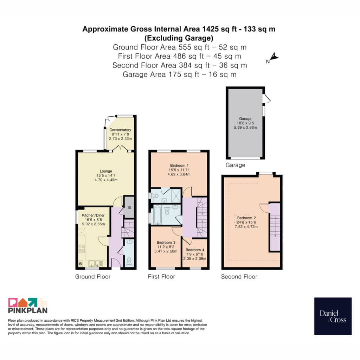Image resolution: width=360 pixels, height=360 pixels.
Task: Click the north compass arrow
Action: point(274,57)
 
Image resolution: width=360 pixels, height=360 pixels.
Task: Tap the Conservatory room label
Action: point(120,130)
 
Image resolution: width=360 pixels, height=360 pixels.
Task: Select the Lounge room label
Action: point(106,171)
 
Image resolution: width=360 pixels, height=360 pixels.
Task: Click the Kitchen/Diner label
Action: point(93,216)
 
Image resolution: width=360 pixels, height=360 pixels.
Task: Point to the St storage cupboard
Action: point(129,207)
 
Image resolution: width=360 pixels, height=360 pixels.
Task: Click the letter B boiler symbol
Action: point(81,264)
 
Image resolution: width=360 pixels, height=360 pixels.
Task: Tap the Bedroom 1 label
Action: point(179,166)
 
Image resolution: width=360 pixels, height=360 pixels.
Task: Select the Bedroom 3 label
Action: point(166,243)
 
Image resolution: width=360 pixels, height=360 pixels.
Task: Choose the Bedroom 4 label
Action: point(195,250)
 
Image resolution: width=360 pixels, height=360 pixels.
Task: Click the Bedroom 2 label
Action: point(246,218)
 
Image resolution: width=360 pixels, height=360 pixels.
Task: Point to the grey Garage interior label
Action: point(245,119)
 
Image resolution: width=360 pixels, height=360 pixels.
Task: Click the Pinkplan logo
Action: point(28,306)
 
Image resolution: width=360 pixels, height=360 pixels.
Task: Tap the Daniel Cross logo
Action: point(333,316)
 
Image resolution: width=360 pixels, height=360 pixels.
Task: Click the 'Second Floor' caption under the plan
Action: point(239,277)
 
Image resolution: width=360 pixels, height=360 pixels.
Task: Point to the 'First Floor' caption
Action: point(161,277)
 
